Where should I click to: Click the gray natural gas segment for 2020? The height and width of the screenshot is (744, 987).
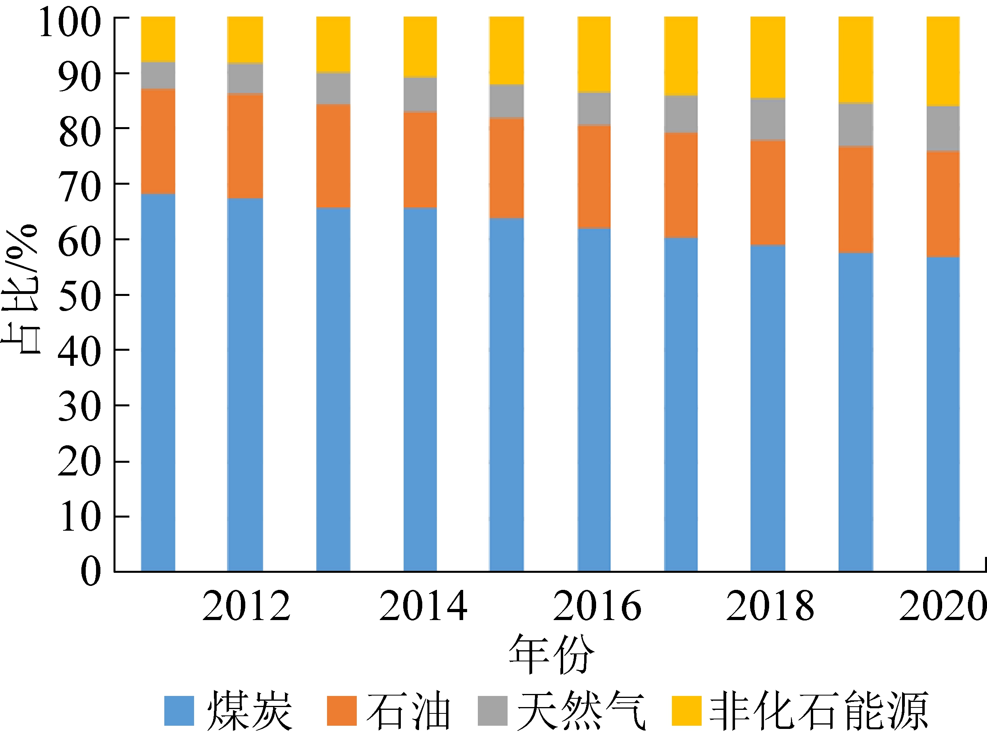pos(943,129)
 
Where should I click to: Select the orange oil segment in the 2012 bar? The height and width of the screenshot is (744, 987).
pos(245,146)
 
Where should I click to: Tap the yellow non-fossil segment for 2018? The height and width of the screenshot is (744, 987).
pos(768,57)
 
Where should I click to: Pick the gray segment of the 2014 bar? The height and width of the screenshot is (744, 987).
pos(420,94)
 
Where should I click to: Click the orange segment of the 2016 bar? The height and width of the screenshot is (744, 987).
pos(594,176)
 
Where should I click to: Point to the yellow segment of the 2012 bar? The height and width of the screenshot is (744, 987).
pos(245,40)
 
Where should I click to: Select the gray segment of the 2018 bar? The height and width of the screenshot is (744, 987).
pos(768,119)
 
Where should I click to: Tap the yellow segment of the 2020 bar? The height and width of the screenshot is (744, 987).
pos(943,61)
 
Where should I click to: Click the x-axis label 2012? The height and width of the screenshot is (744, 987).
pos(246,606)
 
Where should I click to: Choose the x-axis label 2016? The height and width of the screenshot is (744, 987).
pos(597,606)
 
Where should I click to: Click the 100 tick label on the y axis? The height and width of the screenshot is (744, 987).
pos(71,23)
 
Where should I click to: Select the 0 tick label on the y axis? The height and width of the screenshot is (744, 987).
pos(91,571)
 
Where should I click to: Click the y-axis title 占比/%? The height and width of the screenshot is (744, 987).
pos(21,289)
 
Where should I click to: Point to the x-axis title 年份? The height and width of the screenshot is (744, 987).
pos(552,654)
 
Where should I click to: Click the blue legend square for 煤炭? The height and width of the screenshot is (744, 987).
pos(179,711)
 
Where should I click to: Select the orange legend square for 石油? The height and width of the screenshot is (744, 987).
pos(342,711)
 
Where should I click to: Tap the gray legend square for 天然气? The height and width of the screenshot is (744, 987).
pos(493,711)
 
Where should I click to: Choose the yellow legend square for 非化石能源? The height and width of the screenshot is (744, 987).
pos(687,711)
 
